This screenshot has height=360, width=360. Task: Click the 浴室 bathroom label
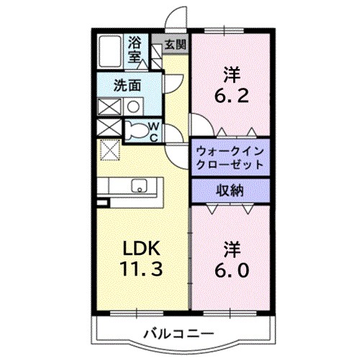(x=135, y=51)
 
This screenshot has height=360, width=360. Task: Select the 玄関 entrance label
(x=174, y=45)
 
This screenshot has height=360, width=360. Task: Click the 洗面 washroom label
(x=127, y=85)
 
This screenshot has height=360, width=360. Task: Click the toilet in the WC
(x=135, y=131)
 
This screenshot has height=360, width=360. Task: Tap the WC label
(x=154, y=131)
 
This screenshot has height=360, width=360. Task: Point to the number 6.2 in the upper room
(x=231, y=94)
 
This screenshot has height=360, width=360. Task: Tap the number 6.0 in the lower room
(x=231, y=270)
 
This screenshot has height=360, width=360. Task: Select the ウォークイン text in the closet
(x=231, y=151)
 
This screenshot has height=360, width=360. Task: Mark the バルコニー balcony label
(x=176, y=333)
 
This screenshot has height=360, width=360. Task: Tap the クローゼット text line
(x=231, y=165)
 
